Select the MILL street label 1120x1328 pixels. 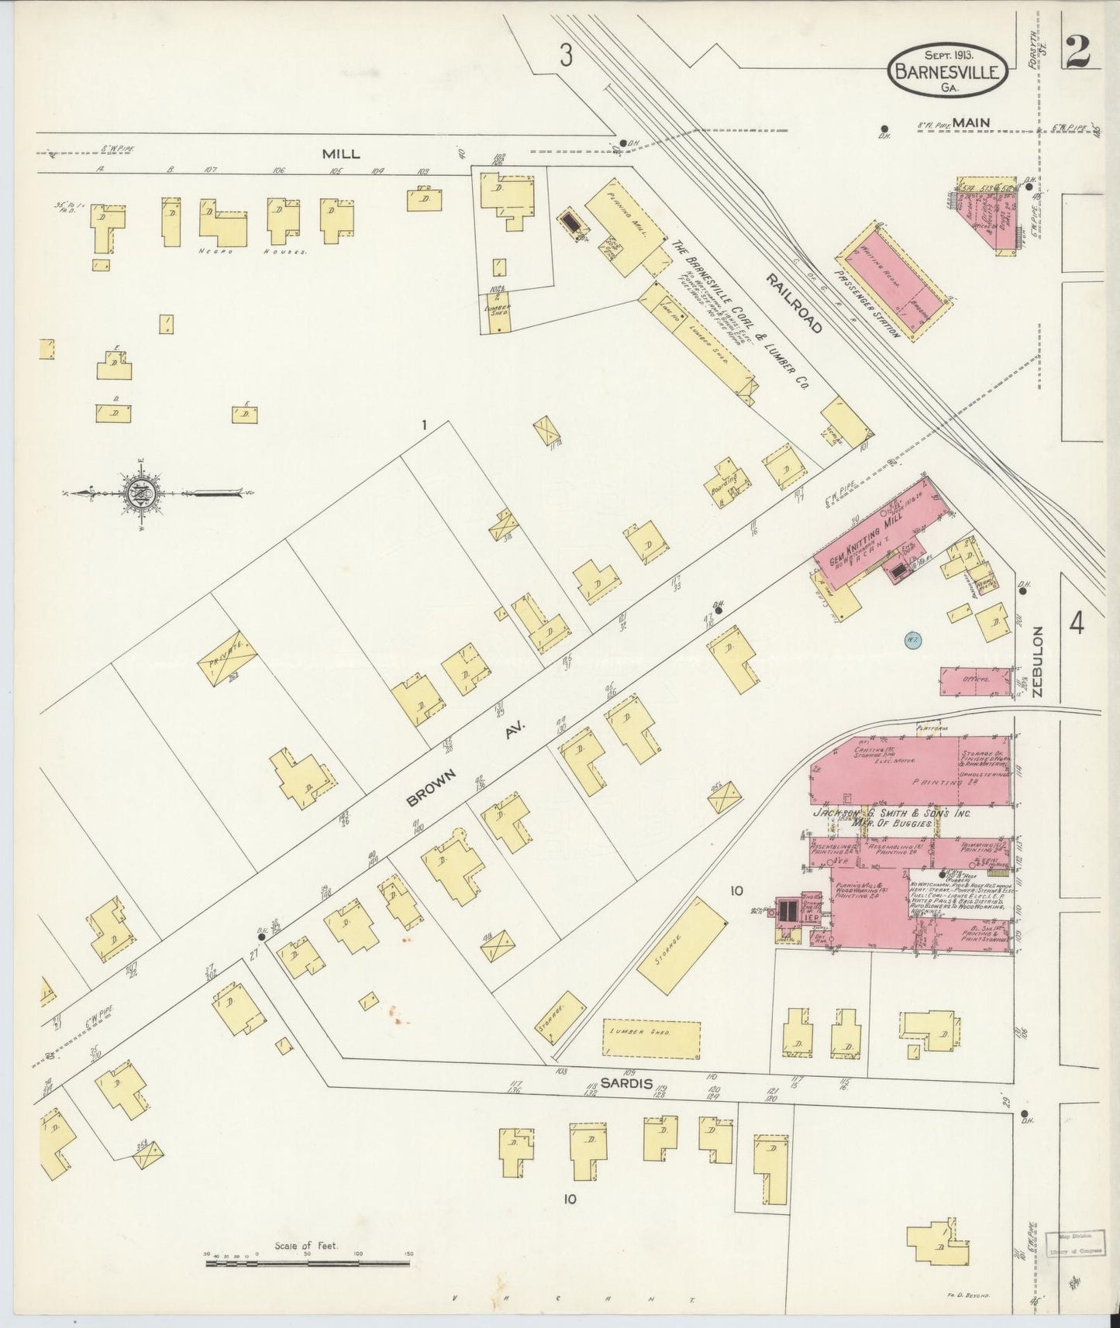[x=341, y=153]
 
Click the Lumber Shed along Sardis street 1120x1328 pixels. [x=651, y=1039]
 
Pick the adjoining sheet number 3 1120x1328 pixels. [x=567, y=56]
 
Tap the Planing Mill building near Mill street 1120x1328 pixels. [x=624, y=229]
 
